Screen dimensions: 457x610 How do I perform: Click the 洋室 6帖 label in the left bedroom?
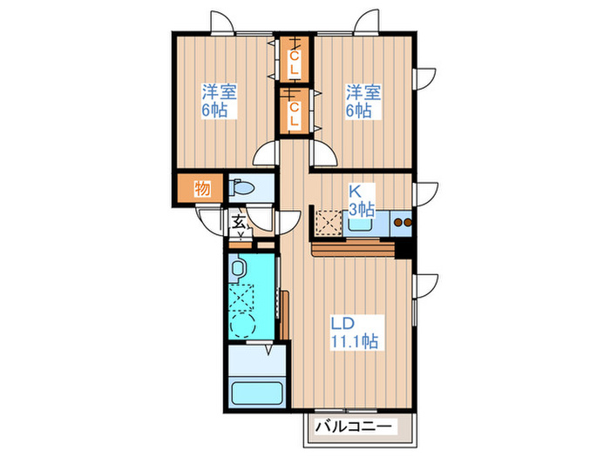[220, 102]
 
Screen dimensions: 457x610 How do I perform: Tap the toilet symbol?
[241, 188]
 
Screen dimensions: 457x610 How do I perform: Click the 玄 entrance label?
[238, 222]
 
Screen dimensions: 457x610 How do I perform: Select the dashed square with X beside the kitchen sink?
[329, 225]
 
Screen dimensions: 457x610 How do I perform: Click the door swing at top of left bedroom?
[221, 24]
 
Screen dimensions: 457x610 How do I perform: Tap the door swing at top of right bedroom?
[367, 24]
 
